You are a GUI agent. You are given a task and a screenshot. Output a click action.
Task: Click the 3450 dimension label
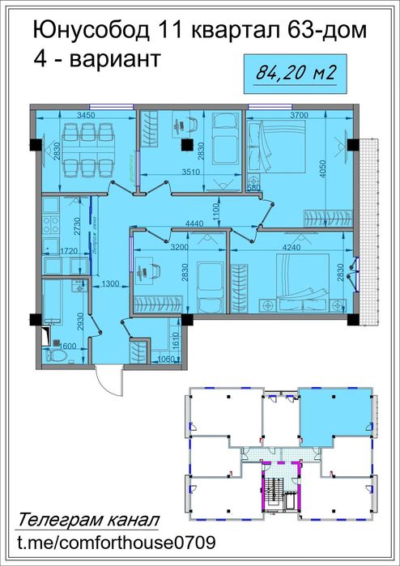tap(86, 116)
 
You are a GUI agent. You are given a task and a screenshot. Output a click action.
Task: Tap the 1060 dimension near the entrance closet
tap(166, 360)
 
